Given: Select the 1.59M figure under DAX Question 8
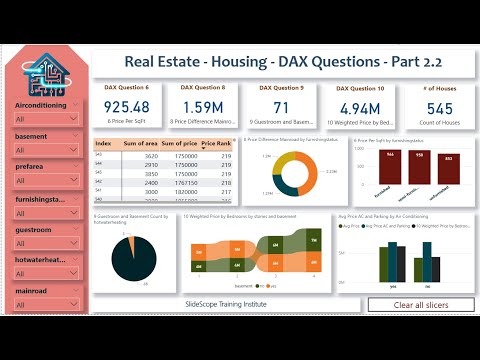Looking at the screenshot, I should click(202, 107).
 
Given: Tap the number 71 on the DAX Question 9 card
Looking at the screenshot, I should click(280, 107).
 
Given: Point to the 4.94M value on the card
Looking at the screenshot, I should click(357, 107).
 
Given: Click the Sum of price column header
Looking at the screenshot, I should click(179, 145).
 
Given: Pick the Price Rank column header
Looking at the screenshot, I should click(216, 145).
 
